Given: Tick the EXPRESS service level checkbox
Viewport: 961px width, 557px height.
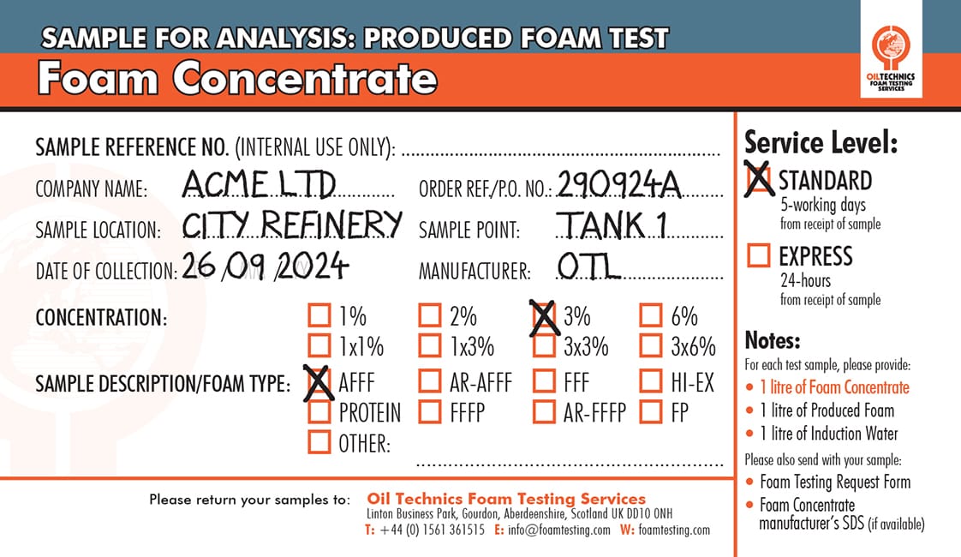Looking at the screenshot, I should coord(759,256).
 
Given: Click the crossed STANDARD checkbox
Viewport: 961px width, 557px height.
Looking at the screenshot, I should coord(759,180).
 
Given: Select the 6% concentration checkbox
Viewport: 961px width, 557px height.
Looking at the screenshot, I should coord(651,316).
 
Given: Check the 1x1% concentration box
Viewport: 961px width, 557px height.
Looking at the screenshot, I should coord(319,346).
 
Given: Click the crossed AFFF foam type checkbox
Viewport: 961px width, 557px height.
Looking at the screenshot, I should coord(319,381).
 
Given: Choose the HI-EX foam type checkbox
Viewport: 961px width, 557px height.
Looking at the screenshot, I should coord(651,381).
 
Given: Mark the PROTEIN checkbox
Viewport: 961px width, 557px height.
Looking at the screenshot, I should coord(319,412).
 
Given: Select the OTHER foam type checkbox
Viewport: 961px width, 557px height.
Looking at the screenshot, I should coord(319,443).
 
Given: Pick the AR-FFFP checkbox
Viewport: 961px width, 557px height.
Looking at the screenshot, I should coord(544,412).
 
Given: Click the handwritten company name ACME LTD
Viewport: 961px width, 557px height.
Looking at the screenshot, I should coord(259,183).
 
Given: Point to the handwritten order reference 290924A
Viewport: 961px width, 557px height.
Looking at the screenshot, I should coord(618,183).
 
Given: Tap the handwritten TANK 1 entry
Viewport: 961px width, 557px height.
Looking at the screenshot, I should coord(612,225).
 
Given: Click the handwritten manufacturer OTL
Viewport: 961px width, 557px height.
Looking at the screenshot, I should coord(588,267).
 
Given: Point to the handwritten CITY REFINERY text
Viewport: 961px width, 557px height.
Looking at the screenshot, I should coord(292,225).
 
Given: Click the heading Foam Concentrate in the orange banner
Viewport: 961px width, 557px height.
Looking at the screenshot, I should coord(237,79).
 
